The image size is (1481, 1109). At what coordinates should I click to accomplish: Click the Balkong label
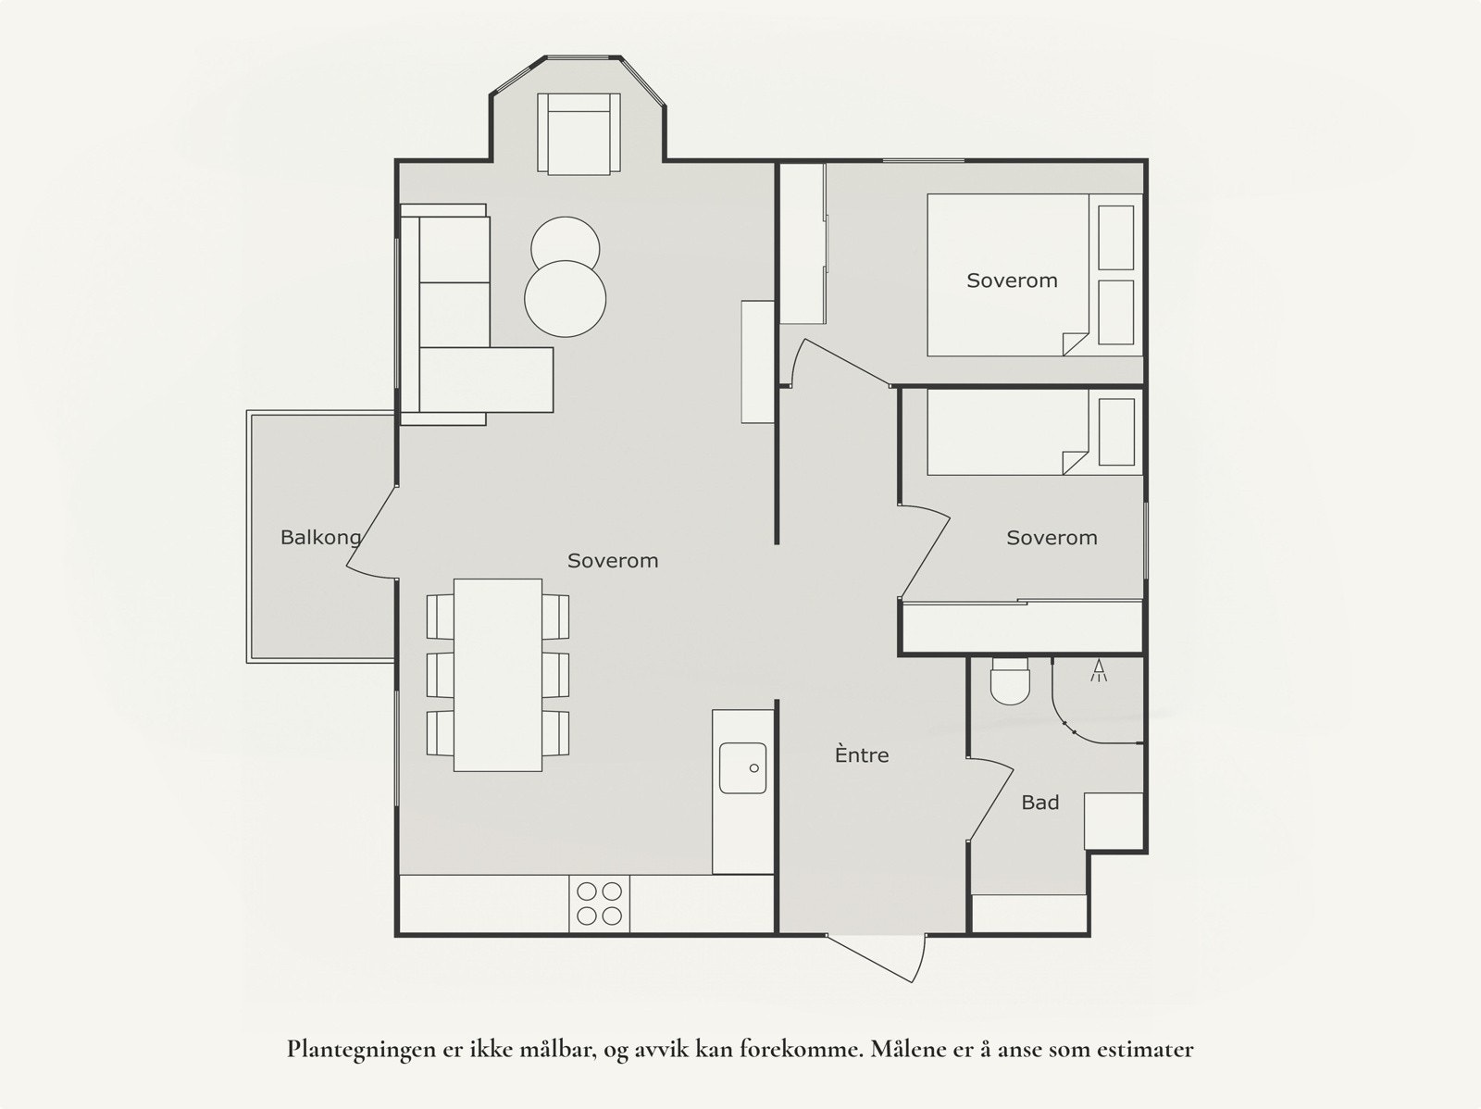[320, 538]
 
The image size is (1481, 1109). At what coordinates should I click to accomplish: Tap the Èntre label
[862, 755]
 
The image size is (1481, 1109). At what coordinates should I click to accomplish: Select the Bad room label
[1039, 803]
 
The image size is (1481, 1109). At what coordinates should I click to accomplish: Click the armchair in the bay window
[579, 133]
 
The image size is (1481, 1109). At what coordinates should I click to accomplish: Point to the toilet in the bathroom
[1009, 681]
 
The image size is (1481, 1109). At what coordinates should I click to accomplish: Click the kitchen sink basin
[743, 767]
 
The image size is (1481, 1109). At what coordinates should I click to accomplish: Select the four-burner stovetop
[599, 903]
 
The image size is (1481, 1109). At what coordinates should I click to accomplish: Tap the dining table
[497, 675]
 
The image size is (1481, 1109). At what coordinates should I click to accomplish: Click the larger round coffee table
[565, 299]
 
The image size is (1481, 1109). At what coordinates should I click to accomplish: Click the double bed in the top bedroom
[1009, 275]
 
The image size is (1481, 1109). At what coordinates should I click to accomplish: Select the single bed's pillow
[1116, 432]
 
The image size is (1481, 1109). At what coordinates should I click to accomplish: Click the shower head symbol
[1100, 670]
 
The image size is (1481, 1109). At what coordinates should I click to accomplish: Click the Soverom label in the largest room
[612, 561]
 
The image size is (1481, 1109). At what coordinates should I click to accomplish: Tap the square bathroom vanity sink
[1114, 820]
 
